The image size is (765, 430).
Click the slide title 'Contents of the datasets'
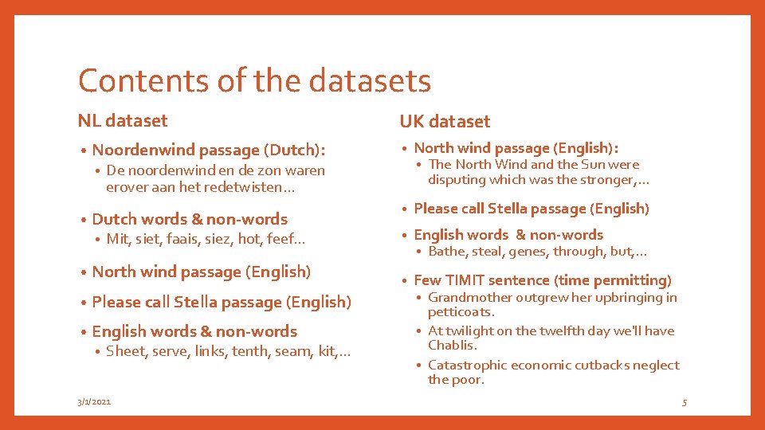coord(254,81)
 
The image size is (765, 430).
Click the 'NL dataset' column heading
coord(123,121)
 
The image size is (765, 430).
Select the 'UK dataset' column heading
coord(445,122)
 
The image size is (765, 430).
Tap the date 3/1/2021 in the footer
coord(95,402)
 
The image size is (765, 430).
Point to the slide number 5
coord(684,403)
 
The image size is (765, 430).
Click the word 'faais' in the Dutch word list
coord(180,238)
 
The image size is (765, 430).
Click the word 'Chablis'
coord(452,346)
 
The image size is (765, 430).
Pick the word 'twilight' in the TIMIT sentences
coord(469,331)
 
